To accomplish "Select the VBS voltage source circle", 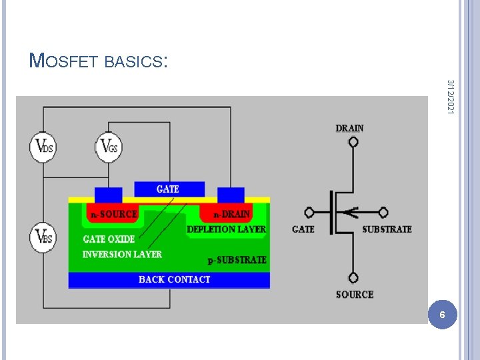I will point(43,238).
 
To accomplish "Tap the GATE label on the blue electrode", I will point(167,189).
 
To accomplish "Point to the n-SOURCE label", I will point(114,215).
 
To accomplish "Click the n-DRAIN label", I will point(231,215).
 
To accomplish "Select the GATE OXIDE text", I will point(109,239).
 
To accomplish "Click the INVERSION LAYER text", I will point(122,254).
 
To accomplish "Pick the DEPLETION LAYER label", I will point(226,229).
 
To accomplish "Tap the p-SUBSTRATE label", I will point(237,259).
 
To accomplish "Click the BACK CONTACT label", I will point(174,279).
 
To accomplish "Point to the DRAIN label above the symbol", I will point(350,128).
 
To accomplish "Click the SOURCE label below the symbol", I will point(355,294).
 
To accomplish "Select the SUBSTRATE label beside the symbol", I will point(387,229).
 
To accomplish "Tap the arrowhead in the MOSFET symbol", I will point(353,213).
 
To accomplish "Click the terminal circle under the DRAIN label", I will point(353,141).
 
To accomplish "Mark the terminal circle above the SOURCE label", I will point(353,277).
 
